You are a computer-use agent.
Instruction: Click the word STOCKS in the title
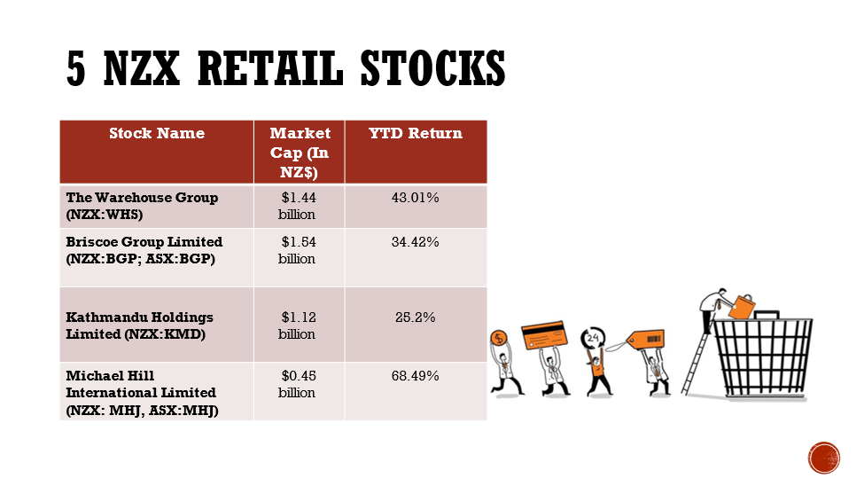point(432,68)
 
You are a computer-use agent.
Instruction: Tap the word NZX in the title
point(142,68)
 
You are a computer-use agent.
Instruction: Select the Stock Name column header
point(157,134)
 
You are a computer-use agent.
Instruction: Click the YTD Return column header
point(416,134)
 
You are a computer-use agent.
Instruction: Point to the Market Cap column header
point(300,153)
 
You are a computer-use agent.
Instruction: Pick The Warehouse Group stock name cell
point(142,206)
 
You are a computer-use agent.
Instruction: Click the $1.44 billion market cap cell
point(298,206)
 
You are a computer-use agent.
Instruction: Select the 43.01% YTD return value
point(415,198)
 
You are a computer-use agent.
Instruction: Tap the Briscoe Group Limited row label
point(144,250)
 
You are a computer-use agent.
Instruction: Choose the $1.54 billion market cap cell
point(298,250)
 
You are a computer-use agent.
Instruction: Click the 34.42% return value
point(415,241)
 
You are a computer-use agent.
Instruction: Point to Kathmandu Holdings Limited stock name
point(139,325)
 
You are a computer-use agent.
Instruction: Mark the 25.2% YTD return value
point(415,317)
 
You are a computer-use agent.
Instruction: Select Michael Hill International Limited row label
point(142,393)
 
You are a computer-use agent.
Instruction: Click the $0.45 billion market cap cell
point(298,384)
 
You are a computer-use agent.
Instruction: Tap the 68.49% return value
point(415,376)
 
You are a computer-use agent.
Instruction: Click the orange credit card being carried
point(544,335)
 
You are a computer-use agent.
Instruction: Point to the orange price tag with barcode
point(645,340)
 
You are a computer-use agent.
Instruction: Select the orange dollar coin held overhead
point(499,338)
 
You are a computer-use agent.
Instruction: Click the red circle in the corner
point(824,458)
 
